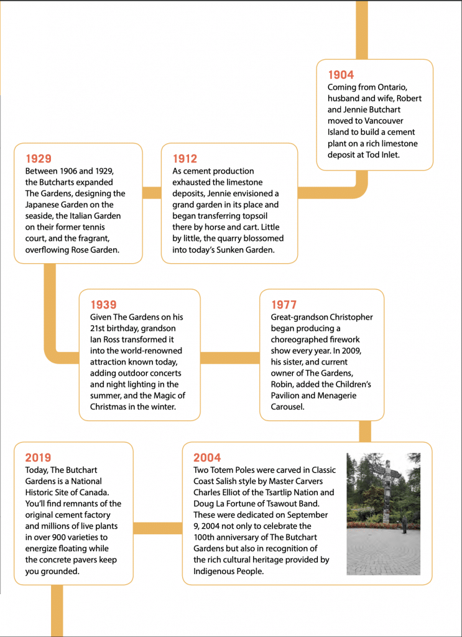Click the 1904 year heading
pos(341,75)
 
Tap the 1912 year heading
pos(185,159)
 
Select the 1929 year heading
pos(38,159)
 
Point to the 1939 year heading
pos(103,305)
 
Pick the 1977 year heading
pos(284,305)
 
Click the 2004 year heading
pos(207,458)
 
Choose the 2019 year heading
pos(38,458)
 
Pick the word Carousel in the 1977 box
pos(288,407)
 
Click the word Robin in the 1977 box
pos(283,384)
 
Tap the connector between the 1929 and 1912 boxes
pos(152,192)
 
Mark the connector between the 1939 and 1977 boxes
pos(229,358)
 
